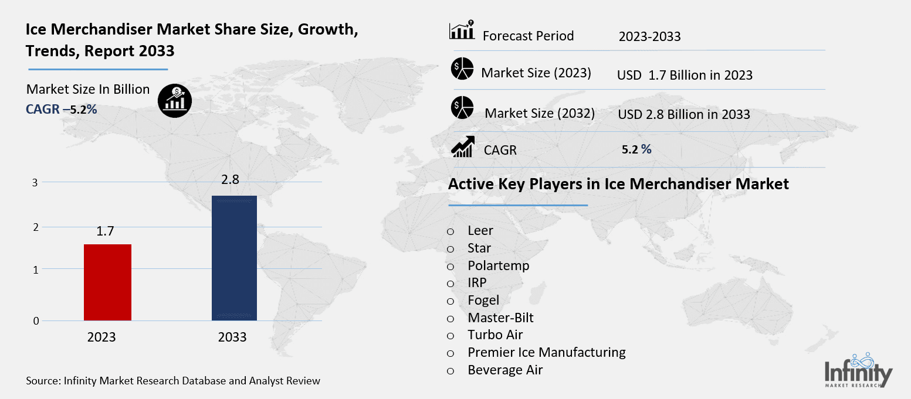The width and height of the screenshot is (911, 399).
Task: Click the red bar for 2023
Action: click(x=108, y=282)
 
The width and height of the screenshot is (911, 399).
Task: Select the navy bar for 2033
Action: click(x=234, y=258)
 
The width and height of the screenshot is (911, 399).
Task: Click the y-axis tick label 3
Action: click(x=35, y=183)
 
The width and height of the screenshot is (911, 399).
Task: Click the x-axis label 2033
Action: click(x=232, y=337)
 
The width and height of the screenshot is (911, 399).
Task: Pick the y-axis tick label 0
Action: click(x=36, y=321)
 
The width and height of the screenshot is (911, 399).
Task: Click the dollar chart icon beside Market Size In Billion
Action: click(x=174, y=101)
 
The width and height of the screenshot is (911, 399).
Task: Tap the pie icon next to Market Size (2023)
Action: click(x=462, y=70)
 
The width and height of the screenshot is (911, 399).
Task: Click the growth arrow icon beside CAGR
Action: click(x=462, y=146)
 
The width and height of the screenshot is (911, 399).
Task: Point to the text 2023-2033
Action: click(x=649, y=36)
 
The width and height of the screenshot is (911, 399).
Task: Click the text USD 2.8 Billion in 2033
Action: click(x=683, y=114)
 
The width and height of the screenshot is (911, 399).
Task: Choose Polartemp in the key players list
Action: click(x=498, y=265)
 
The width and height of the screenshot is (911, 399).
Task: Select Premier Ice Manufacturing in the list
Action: click(x=546, y=352)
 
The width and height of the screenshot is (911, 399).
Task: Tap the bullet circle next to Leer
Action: click(x=451, y=231)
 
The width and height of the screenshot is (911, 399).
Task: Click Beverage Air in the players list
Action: click(x=504, y=370)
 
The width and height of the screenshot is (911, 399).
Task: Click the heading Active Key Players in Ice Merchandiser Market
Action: click(x=618, y=184)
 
